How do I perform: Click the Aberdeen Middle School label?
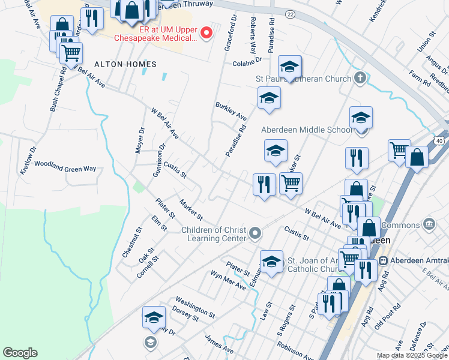tap(307, 130)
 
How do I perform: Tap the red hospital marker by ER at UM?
tap(206, 33)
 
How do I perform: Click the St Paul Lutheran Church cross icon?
tap(360, 78)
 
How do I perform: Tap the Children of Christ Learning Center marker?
tap(255, 233)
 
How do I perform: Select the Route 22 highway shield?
tap(291, 14)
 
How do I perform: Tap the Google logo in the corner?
tap(20, 353)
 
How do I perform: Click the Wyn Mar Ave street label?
tap(228, 280)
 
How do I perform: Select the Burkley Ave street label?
tap(231, 110)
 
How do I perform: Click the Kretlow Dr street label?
tap(28, 159)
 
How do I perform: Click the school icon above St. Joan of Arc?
tap(271, 262)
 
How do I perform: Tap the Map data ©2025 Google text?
tap(412, 355)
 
